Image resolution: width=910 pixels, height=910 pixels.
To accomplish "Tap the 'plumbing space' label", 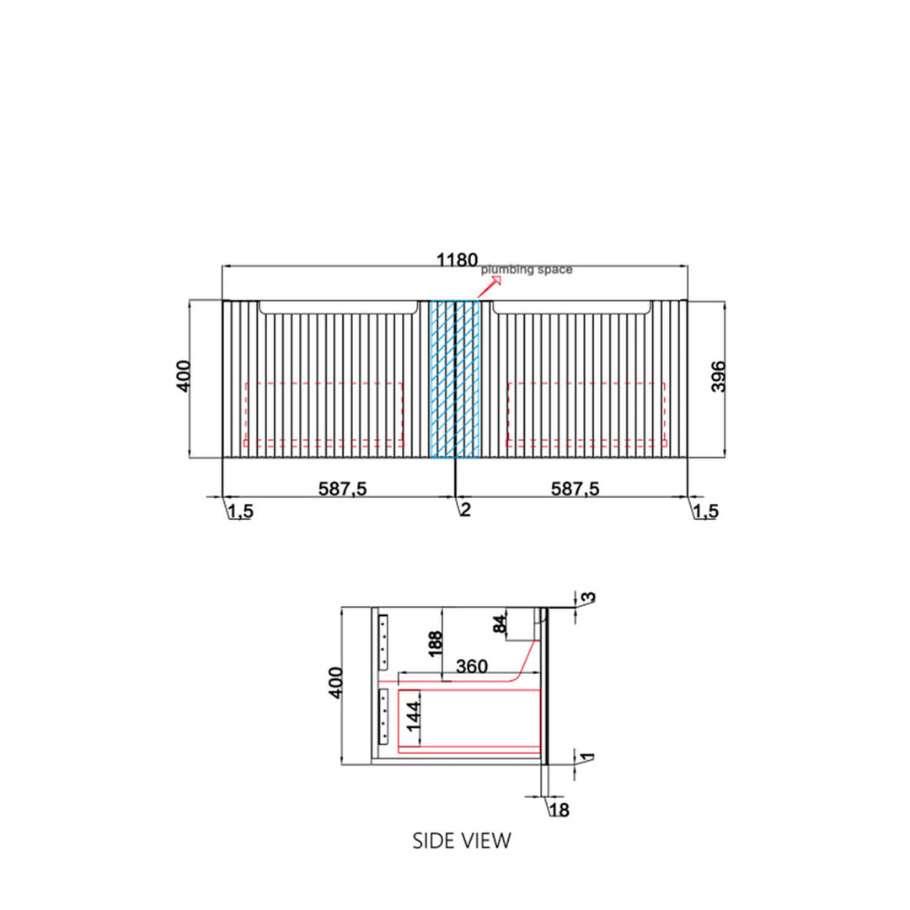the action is [527, 270].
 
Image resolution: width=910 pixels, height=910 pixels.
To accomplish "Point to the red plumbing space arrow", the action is [490, 286].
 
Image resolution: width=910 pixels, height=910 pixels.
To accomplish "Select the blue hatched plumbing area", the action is [455, 379].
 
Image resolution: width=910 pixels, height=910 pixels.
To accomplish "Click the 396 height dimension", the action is [719, 377].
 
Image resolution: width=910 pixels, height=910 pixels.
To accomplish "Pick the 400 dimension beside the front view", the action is [183, 376].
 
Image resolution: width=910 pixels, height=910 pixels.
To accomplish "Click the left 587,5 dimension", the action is [342, 489].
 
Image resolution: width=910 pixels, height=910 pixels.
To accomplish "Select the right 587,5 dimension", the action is [575, 489].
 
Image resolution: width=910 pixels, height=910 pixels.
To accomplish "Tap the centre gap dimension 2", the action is [465, 510].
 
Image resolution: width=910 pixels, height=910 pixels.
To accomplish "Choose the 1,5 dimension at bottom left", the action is [240, 511].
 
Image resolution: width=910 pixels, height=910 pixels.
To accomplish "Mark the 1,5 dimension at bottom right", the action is [706, 511].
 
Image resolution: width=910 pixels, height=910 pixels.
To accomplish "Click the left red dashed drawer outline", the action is [324, 415].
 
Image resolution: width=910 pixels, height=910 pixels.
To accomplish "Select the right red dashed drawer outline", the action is [586, 415].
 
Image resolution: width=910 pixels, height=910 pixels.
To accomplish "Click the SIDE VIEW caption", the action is [462, 841].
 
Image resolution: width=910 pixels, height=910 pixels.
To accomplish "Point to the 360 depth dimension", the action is [472, 666].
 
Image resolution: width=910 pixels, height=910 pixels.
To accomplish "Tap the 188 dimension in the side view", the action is [436, 645].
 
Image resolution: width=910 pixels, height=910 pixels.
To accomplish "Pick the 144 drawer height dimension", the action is [413, 717].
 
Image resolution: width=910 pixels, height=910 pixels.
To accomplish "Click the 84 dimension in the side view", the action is [500, 624].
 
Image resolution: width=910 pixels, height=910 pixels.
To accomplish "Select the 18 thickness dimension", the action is [559, 810].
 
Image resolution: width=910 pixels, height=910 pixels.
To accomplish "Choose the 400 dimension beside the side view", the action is [335, 683].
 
